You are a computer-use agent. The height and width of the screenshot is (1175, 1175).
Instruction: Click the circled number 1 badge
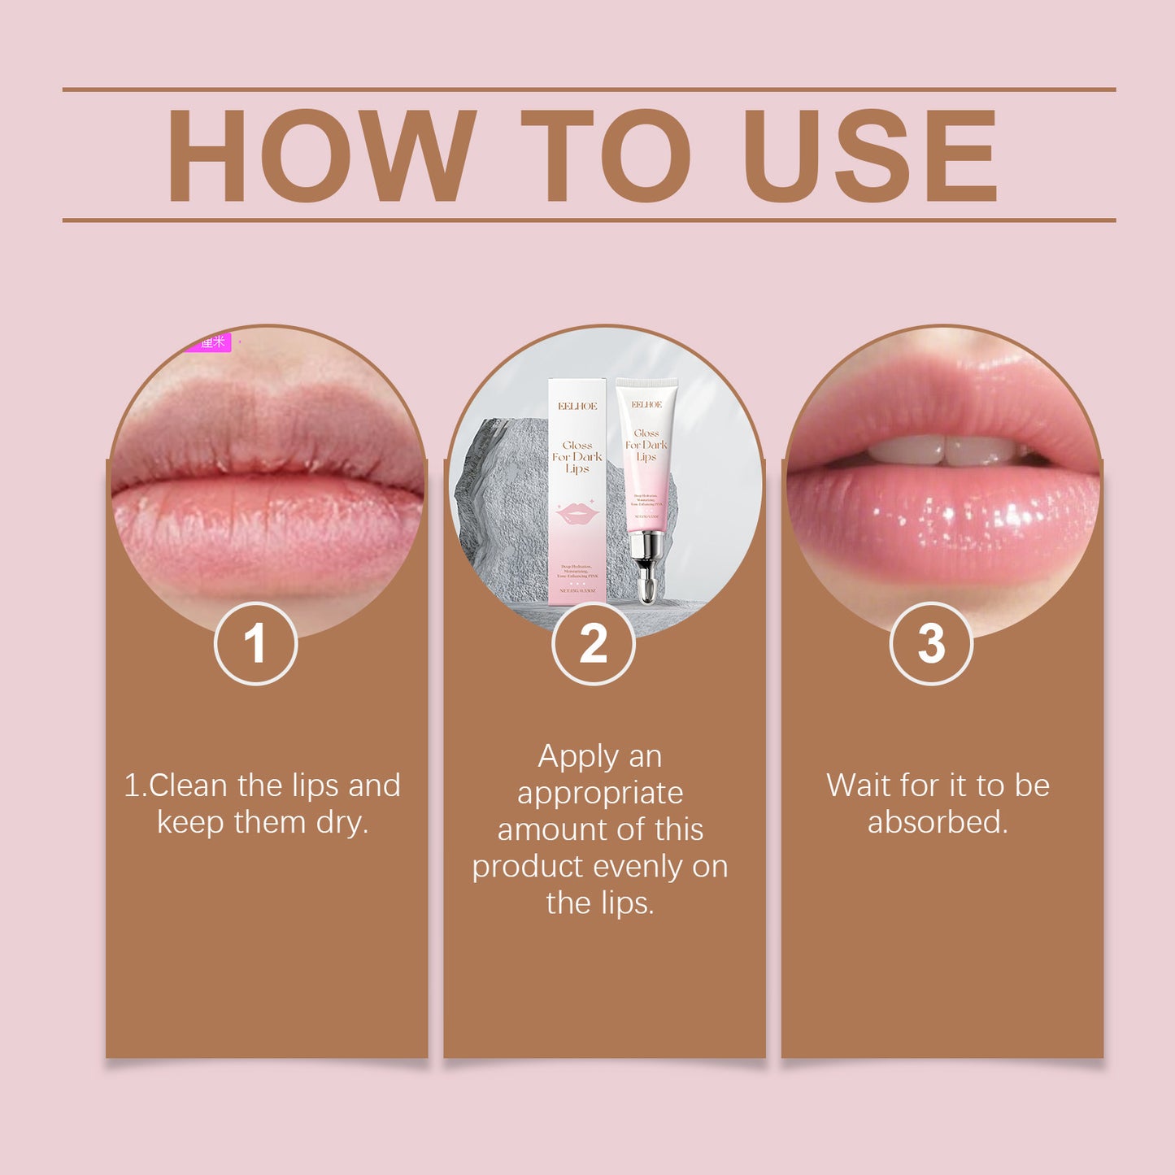coord(255,644)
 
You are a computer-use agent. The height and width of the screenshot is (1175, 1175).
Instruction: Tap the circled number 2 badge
coord(593,644)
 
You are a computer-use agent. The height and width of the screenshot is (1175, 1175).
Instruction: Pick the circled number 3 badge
coord(931,644)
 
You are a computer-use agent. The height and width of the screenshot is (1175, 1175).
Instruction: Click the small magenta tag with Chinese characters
coord(209,342)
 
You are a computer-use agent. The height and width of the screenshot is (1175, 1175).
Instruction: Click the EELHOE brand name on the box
coord(577,406)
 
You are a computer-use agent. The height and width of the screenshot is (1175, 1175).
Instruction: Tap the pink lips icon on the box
coord(577,514)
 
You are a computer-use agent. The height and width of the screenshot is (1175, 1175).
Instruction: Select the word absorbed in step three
coord(938,823)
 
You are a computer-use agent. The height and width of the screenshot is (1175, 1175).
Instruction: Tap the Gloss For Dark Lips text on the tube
coord(646,445)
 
